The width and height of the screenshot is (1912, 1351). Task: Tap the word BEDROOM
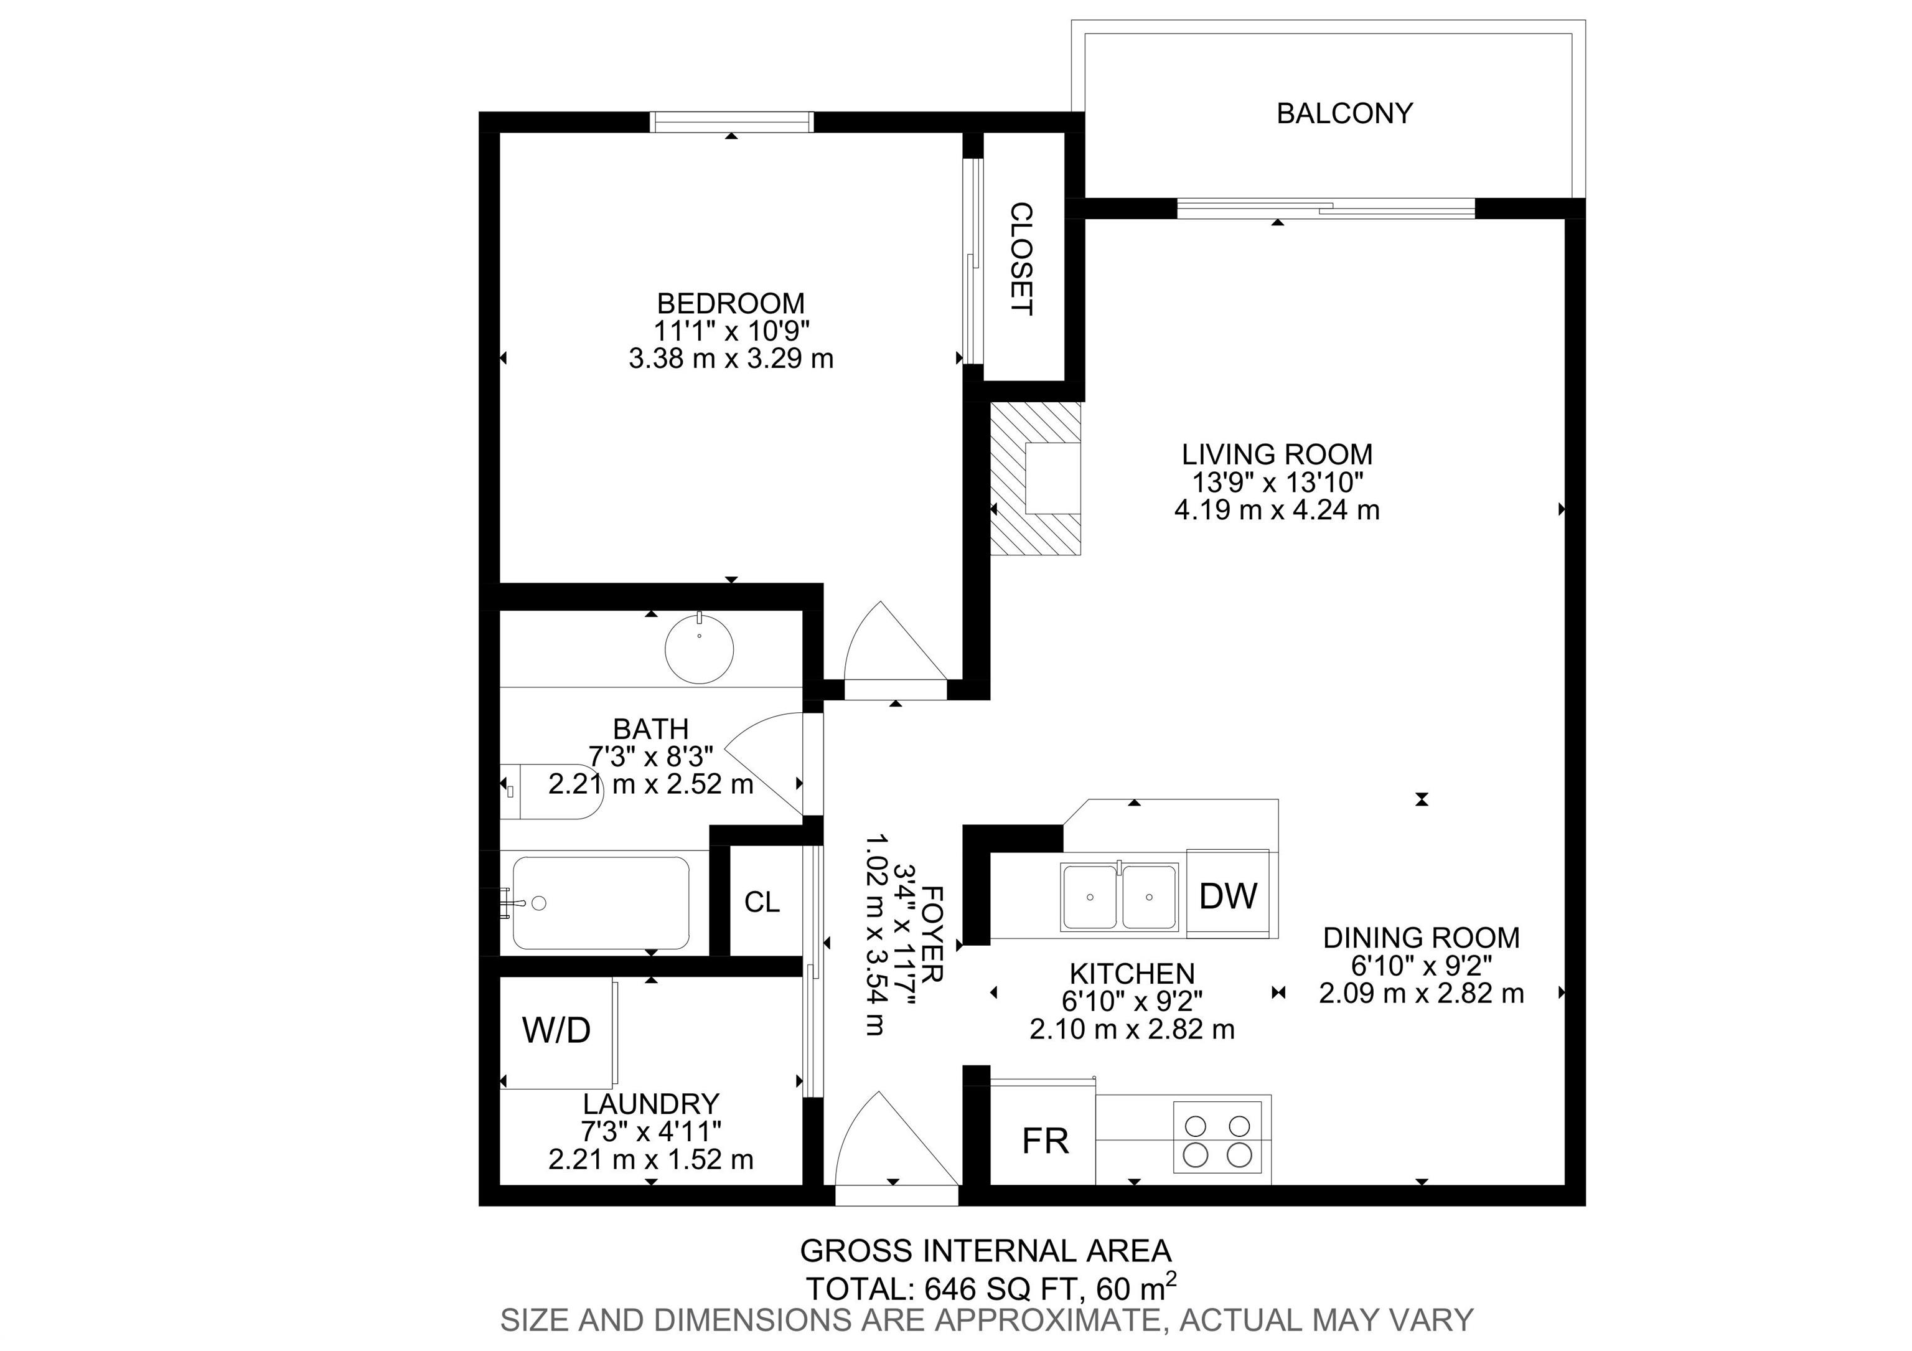(x=731, y=303)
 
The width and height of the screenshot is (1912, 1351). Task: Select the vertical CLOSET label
(x=1022, y=259)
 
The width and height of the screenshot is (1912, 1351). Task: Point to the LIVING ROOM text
(x=1277, y=454)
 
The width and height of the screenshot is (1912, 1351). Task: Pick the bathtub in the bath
(x=601, y=903)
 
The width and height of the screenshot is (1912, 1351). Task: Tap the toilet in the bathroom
(x=550, y=791)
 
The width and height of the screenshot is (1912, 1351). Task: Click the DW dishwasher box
(x=1229, y=894)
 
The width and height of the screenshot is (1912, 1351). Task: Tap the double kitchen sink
(x=1119, y=897)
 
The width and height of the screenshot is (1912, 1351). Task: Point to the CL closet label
(x=762, y=902)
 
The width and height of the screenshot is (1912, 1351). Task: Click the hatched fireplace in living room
(x=1035, y=478)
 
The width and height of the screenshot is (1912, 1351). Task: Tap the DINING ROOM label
(x=1421, y=938)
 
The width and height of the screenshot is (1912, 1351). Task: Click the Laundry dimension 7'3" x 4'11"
(x=650, y=1131)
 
